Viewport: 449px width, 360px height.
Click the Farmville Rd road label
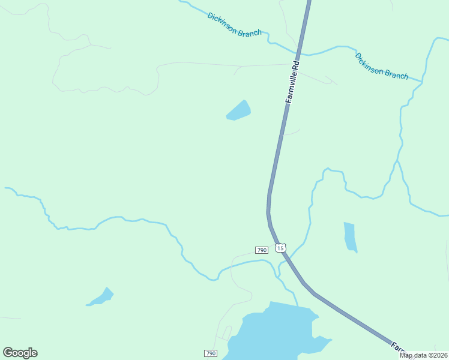pyautogui.click(x=292, y=81)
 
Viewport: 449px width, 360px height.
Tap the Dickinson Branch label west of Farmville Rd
pyautogui.click(x=234, y=25)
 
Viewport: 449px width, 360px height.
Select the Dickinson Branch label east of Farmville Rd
pyautogui.click(x=381, y=67)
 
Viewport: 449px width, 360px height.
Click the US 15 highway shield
pyautogui.click(x=280, y=248)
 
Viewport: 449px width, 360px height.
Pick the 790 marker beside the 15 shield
pyautogui.click(x=261, y=250)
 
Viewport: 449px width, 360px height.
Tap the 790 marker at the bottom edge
pyautogui.click(x=210, y=353)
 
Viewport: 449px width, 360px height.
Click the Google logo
pyautogui.click(x=20, y=353)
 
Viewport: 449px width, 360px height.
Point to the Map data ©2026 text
pyautogui.click(x=423, y=355)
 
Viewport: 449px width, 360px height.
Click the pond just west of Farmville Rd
pyautogui.click(x=238, y=111)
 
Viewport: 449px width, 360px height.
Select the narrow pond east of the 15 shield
pyautogui.click(x=350, y=236)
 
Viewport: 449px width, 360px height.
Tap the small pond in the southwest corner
pyautogui.click(x=101, y=298)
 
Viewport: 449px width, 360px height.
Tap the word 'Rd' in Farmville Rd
pyautogui.click(x=295, y=62)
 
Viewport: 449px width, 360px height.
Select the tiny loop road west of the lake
pyautogui.click(x=226, y=332)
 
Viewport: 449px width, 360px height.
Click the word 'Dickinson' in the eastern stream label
pyautogui.click(x=370, y=62)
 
